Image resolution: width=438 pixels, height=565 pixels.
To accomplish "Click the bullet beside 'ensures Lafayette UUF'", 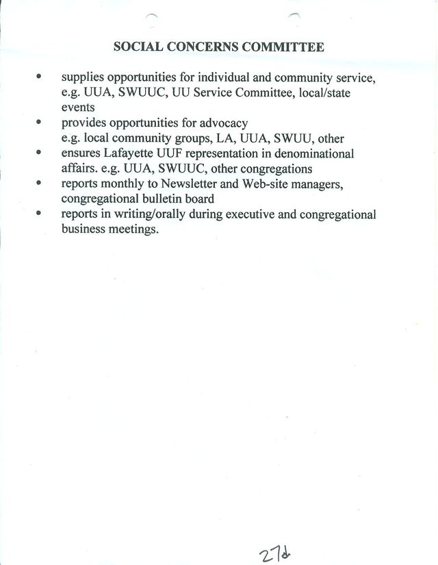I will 40,153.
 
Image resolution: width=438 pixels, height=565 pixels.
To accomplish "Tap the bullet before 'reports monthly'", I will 40,184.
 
